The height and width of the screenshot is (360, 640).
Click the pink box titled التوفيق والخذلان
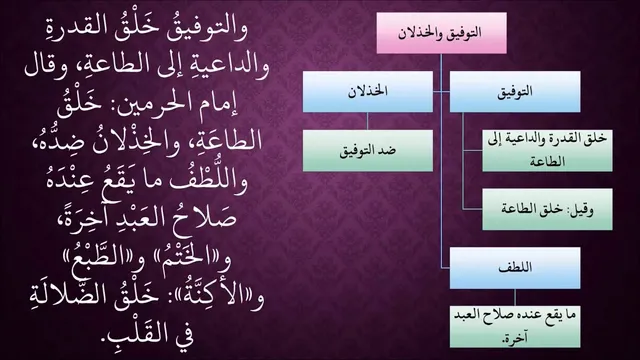tap(441, 33)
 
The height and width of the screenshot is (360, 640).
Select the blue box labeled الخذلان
tap(368, 92)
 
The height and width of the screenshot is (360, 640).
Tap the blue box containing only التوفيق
tap(515, 92)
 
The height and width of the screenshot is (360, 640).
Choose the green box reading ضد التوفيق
tap(368, 151)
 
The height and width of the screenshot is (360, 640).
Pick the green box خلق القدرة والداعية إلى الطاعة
tap(547, 151)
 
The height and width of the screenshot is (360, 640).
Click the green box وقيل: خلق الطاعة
tap(547, 209)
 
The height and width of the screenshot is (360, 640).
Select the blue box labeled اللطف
tap(515, 268)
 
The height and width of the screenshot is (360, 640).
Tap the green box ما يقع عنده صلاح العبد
tap(515, 327)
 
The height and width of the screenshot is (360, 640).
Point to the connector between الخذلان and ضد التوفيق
tap(367, 121)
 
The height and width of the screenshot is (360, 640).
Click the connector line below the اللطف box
tap(515, 298)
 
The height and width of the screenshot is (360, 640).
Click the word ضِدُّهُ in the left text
tap(58, 141)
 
